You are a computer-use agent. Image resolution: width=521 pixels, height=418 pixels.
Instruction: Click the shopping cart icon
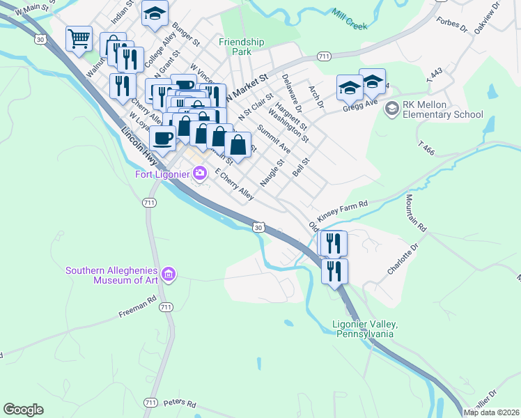(x=79, y=38)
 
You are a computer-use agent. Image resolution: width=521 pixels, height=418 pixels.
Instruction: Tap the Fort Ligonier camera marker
(x=201, y=173)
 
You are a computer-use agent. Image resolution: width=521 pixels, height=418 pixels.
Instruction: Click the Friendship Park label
(x=242, y=47)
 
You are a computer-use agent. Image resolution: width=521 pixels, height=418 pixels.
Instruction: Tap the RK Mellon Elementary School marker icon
(x=391, y=108)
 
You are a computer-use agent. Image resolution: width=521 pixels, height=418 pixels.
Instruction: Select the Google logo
(x=23, y=410)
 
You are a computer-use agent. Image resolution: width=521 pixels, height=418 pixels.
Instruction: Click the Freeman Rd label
(x=137, y=306)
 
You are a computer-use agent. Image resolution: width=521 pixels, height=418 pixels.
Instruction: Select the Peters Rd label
(x=180, y=403)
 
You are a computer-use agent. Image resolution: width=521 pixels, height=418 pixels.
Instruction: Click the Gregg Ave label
(x=359, y=104)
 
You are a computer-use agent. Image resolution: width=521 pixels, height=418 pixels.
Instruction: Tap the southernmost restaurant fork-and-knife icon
(x=334, y=270)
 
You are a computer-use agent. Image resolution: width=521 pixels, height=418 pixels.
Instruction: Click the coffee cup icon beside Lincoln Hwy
(x=162, y=138)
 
